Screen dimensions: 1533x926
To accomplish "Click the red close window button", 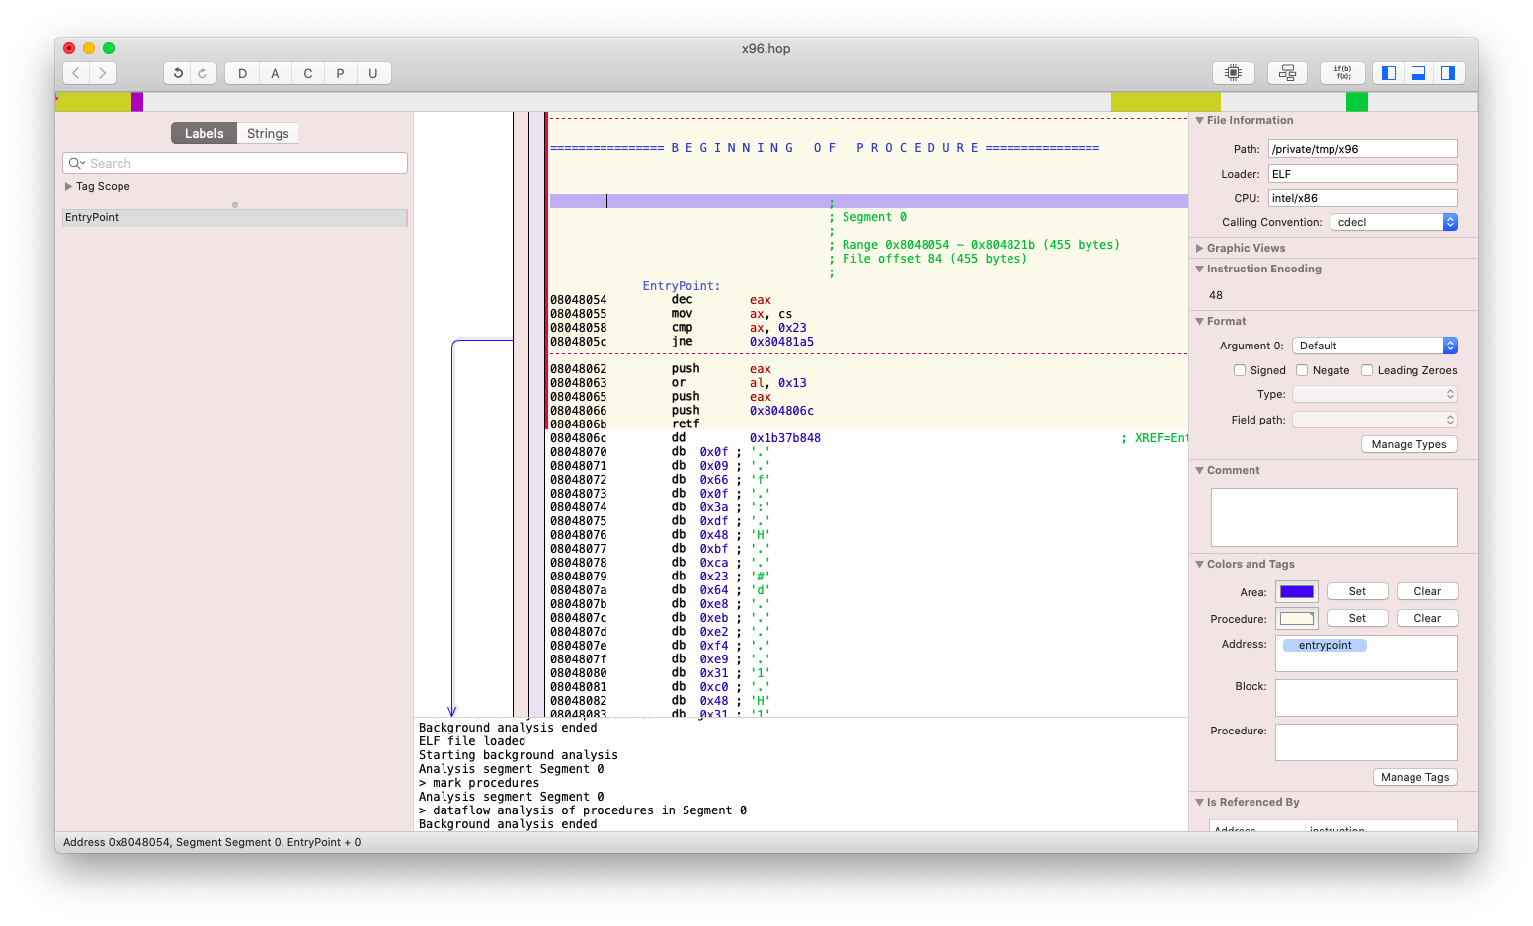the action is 69,48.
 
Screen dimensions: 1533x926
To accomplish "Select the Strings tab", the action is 268,133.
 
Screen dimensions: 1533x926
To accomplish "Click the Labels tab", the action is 203,133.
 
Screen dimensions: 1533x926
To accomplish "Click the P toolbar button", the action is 340,73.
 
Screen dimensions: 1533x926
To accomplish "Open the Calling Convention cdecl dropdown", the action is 1394,222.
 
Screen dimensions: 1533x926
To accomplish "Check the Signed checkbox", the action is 1240,370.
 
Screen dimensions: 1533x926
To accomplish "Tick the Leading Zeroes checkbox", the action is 1367,370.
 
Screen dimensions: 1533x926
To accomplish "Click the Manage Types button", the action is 1410,444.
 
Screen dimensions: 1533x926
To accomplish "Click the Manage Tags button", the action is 1414,777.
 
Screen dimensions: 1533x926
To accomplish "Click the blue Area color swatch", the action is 1297,591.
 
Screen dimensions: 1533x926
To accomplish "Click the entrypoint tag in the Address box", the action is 1325,645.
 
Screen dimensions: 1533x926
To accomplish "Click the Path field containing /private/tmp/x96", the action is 1362,149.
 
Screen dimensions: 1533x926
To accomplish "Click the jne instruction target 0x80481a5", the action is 781,342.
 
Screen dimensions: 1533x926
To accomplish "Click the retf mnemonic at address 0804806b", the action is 686,424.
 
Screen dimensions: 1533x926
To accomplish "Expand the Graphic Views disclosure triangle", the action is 1200,248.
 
